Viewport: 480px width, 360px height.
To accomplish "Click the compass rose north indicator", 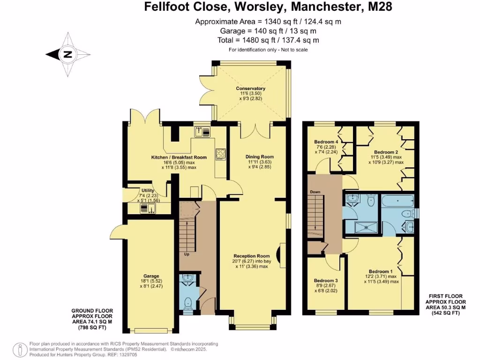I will pyautogui.click(x=68, y=54).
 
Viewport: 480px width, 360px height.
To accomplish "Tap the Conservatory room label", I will pyautogui.click(x=250, y=89).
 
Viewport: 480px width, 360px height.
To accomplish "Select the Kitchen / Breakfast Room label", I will pyautogui.click(x=179, y=157).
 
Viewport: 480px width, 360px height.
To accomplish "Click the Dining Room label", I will pyautogui.click(x=259, y=157).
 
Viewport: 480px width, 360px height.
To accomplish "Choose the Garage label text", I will pyautogui.click(x=151, y=276).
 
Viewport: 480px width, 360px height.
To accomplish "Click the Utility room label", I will pyautogui.click(x=148, y=191).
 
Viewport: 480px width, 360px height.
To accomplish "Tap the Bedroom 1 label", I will pyautogui.click(x=381, y=271).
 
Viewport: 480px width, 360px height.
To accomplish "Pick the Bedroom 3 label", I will pyautogui.click(x=325, y=280).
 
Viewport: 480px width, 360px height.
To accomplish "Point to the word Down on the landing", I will pyautogui.click(x=315, y=192).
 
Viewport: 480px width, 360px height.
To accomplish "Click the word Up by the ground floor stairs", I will pyautogui.click(x=187, y=255).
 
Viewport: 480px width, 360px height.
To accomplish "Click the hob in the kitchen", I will pyautogui.click(x=220, y=155).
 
